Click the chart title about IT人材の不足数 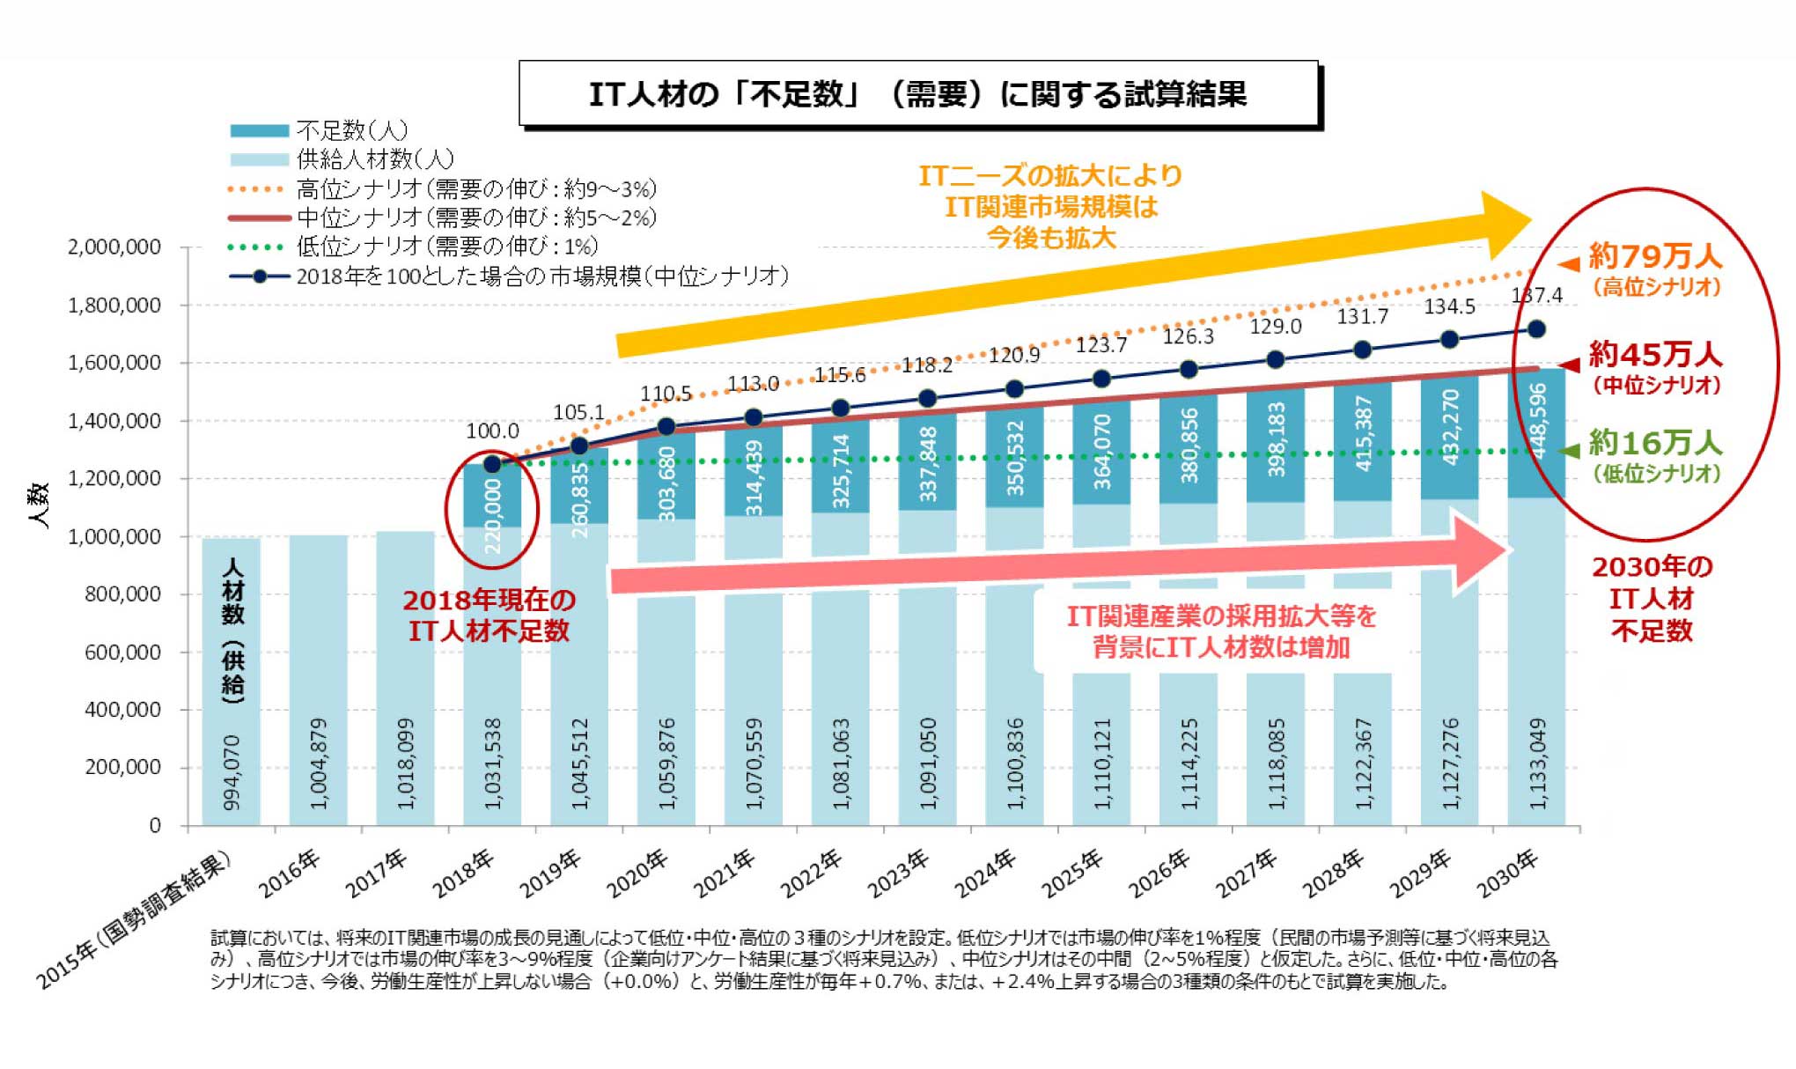pyautogui.click(x=917, y=94)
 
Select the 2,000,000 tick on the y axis pyautogui.click(x=114, y=247)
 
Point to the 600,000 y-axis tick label pyautogui.click(x=122, y=652)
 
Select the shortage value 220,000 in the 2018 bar pyautogui.click(x=492, y=516)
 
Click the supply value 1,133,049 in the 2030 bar pyautogui.click(x=1537, y=764)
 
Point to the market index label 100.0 pyautogui.click(x=492, y=431)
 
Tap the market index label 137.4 pyautogui.click(x=1537, y=296)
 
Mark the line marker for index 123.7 pyautogui.click(x=1101, y=379)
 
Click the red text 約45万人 pyautogui.click(x=1655, y=355)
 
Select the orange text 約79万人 pyautogui.click(x=1655, y=257)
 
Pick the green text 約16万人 pyautogui.click(x=1655, y=443)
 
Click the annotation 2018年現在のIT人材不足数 pyautogui.click(x=489, y=616)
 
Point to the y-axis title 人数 pyautogui.click(x=39, y=505)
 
